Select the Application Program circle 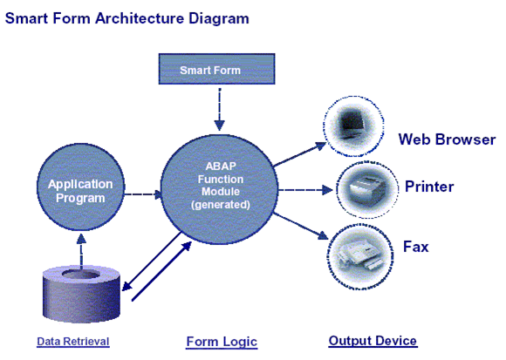click(x=80, y=191)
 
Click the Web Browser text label click(x=447, y=139)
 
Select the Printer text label click(x=429, y=187)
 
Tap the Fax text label click(x=415, y=248)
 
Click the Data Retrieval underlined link click(x=73, y=341)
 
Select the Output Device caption click(x=372, y=341)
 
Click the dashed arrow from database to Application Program click(x=80, y=248)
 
